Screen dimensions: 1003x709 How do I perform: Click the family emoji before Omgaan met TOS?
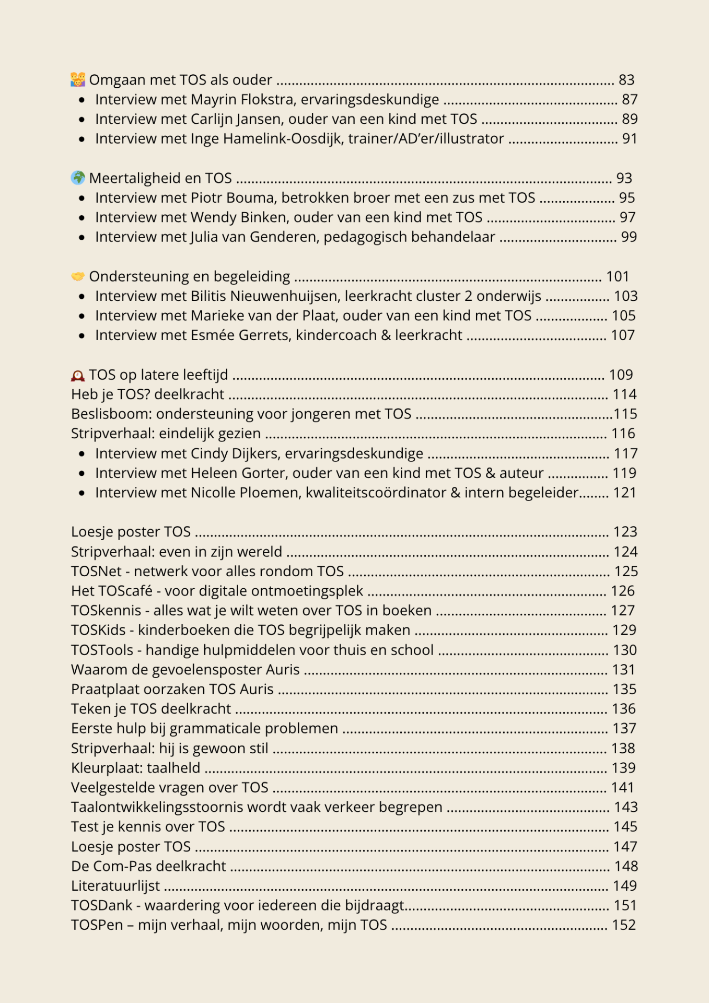(x=78, y=80)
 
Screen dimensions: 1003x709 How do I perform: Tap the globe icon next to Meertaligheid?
(x=78, y=178)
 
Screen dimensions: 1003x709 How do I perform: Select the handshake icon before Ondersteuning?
(x=78, y=276)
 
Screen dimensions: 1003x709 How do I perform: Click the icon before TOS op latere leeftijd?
(x=78, y=375)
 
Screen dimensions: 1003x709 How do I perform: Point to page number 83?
(x=626, y=80)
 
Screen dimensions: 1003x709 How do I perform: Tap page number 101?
(x=617, y=276)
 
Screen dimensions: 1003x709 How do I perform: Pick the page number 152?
(x=624, y=925)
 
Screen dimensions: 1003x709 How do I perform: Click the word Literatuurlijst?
(x=115, y=886)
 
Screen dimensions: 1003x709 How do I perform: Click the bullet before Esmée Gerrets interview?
(x=82, y=336)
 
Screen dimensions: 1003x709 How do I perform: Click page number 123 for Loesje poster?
(x=625, y=532)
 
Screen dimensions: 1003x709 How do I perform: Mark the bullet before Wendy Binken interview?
(x=82, y=218)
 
